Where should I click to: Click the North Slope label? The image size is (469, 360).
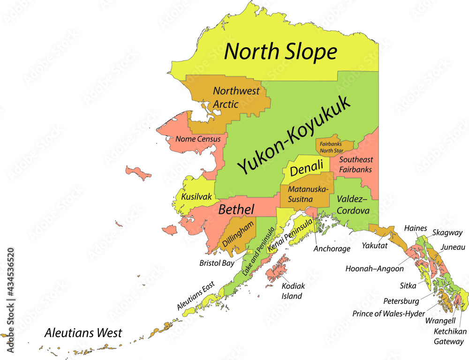click(280, 52)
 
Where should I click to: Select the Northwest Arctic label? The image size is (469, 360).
click(236, 97)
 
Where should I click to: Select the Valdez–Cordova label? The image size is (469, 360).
click(353, 204)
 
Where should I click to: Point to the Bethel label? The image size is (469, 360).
click(236, 210)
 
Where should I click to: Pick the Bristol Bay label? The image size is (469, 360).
click(217, 263)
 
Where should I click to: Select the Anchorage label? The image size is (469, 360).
click(332, 248)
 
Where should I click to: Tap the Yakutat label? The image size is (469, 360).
click(375, 245)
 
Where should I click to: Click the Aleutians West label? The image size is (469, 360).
click(83, 333)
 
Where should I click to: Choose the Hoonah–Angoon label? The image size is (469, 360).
click(374, 269)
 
